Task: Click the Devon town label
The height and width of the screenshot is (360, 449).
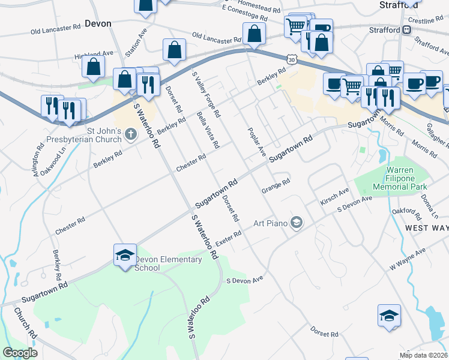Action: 98,24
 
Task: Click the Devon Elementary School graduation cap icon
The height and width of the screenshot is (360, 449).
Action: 124,256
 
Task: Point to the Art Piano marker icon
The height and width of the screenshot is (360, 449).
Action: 295,223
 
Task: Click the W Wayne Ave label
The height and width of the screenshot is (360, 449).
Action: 408,259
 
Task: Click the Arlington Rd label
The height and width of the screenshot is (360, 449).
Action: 40,154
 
